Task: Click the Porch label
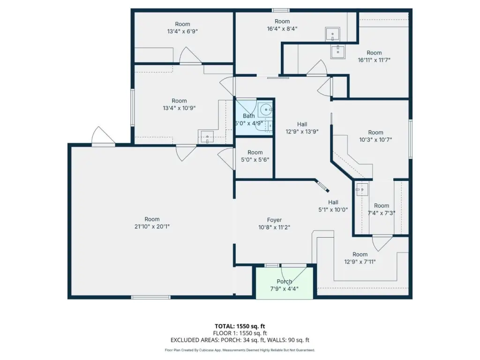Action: click(284, 281)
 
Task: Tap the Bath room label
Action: click(248, 116)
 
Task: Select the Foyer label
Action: click(274, 220)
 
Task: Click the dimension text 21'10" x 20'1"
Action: click(152, 226)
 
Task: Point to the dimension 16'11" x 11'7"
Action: click(374, 60)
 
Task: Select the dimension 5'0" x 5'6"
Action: click(255, 159)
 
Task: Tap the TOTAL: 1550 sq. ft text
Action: click(240, 326)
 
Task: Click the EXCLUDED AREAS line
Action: click(240, 340)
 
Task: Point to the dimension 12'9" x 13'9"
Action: click(302, 132)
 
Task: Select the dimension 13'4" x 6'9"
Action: click(182, 31)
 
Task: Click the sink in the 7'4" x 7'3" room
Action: click(361, 189)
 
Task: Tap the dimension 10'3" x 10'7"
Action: click(375, 140)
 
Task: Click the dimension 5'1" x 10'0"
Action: click(333, 210)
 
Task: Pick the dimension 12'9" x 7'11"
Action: click(360, 262)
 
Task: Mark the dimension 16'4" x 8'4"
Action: click(282, 29)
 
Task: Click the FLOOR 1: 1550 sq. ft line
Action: click(240, 333)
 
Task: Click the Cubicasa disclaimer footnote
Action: click(240, 350)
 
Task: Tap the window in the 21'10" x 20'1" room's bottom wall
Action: click(150, 297)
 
